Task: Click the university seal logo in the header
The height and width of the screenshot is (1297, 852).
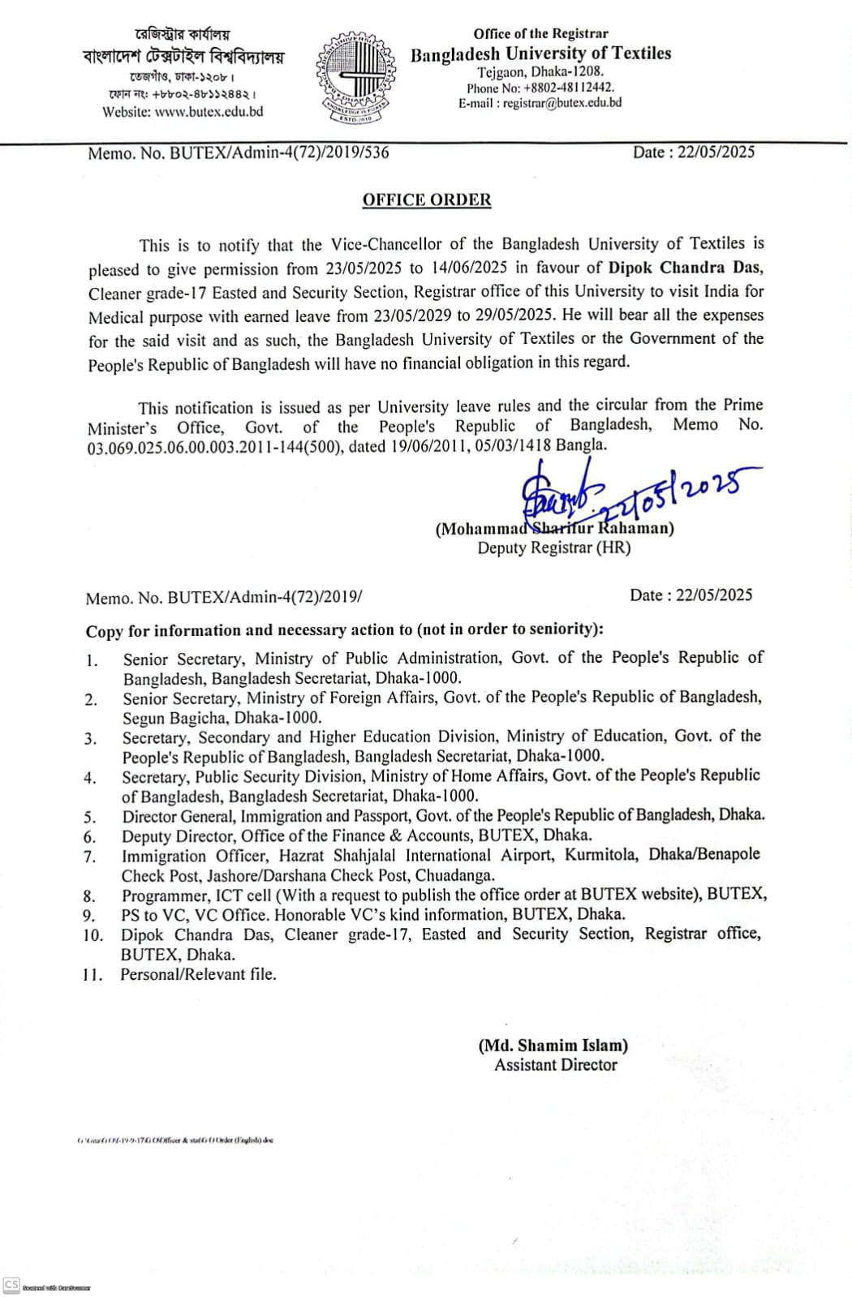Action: point(356,78)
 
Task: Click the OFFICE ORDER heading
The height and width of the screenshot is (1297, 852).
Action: point(427,200)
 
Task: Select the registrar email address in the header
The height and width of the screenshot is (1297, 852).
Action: point(562,103)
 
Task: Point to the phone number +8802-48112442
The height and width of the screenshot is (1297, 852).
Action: point(569,88)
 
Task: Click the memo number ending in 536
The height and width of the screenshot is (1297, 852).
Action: point(239,152)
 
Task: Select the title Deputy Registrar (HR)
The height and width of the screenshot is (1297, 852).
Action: point(554,548)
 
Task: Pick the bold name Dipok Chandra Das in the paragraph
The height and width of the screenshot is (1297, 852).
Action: point(685,268)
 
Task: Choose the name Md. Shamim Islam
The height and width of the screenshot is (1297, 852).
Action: point(553,1045)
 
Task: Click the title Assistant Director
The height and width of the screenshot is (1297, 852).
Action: point(556,1065)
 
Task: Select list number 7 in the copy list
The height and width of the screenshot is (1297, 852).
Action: point(90,857)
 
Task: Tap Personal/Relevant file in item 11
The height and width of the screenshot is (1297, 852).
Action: point(199,974)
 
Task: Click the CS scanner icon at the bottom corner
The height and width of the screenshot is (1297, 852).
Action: point(11,1284)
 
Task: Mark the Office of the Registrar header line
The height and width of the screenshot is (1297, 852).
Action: point(540,33)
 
